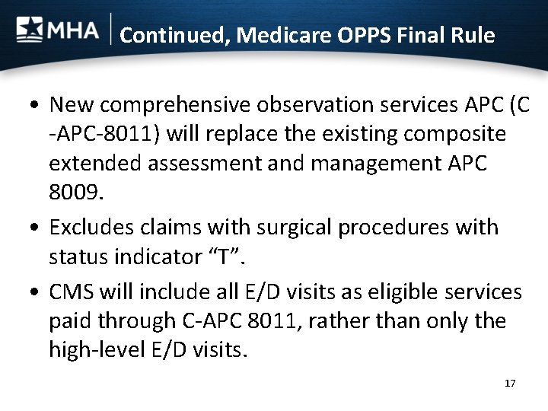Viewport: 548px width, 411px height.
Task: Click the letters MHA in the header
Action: click(73, 31)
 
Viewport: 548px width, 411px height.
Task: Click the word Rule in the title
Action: click(472, 35)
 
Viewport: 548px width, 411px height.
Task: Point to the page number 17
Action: click(510, 383)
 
